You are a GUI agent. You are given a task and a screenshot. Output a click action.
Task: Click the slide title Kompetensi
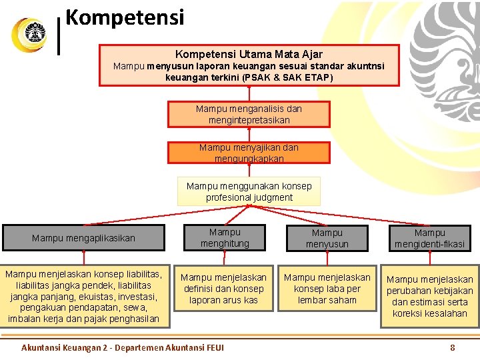pyautogui.click(x=125, y=16)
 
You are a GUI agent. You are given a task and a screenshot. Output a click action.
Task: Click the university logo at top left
pyautogui.click(x=29, y=34)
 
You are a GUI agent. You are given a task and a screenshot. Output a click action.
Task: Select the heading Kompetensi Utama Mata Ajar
pyautogui.click(x=249, y=54)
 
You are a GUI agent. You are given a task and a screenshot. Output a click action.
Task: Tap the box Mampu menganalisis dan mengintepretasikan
pyautogui.click(x=249, y=114)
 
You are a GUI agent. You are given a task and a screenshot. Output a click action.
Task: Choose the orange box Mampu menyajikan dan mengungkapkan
pyautogui.click(x=249, y=153)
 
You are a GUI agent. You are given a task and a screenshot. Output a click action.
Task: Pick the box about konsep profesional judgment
pyautogui.click(x=249, y=191)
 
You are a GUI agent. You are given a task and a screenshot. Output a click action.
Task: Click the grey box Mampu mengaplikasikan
pyautogui.click(x=83, y=238)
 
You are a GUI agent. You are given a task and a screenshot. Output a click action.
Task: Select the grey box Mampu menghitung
pyautogui.click(x=225, y=238)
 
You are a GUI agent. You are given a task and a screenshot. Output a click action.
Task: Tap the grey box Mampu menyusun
pyautogui.click(x=327, y=238)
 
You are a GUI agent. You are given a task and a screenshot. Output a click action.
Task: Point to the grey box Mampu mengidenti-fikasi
pyautogui.click(x=429, y=238)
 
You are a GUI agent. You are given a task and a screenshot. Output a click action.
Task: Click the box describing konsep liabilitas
pyautogui.click(x=83, y=296)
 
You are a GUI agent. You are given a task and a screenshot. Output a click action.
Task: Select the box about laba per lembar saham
pyautogui.click(x=327, y=289)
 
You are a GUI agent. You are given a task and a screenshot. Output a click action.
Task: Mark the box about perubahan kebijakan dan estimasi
pyautogui.click(x=429, y=296)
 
